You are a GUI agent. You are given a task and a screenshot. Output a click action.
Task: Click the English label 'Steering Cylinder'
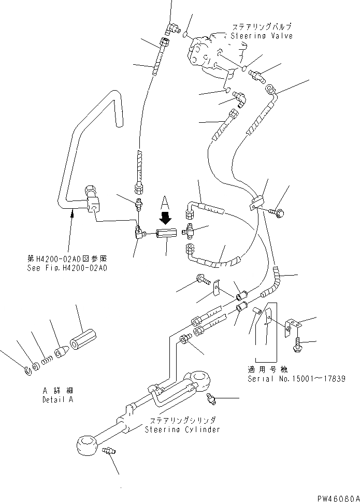182,429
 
